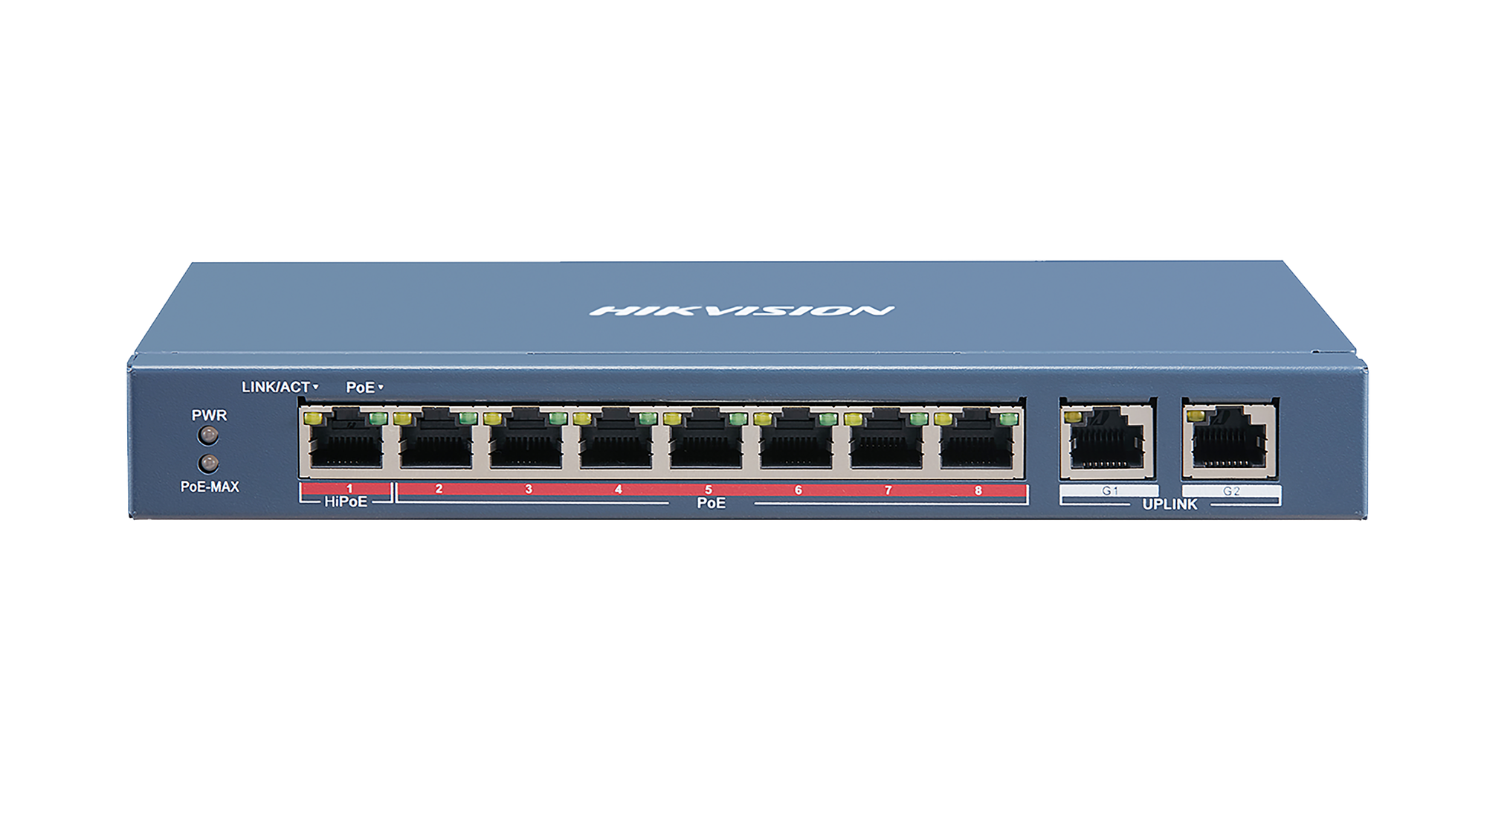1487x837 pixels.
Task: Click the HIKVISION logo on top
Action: [742, 310]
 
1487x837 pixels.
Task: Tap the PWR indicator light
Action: [209, 434]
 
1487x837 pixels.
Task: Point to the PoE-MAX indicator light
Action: [209, 464]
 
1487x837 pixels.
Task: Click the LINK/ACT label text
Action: [276, 387]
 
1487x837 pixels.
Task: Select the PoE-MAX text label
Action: [210, 487]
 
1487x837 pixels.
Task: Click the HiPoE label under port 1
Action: [346, 502]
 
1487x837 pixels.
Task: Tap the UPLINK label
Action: [1170, 504]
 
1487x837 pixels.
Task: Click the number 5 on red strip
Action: [709, 490]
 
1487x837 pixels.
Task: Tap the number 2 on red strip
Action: [439, 490]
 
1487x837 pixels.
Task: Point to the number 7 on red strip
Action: [888, 490]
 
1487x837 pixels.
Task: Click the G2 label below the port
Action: [1231, 491]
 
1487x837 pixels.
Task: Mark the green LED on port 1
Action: [377, 419]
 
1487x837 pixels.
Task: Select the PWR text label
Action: [210, 415]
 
